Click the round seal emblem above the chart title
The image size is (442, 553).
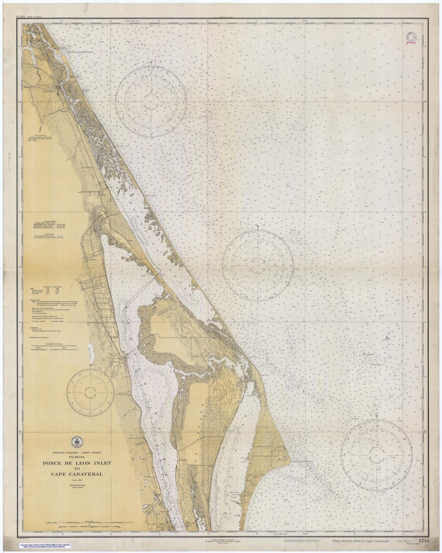coord(75,442)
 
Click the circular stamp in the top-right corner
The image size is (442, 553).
coord(411,38)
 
